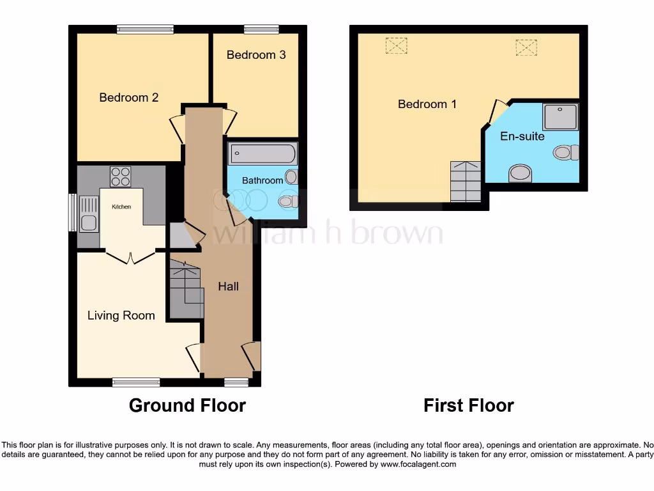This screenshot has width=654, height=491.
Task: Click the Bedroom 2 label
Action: [128, 98]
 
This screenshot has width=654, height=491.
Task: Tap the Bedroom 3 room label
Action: [256, 55]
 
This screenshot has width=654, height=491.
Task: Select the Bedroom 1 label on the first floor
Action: [427, 104]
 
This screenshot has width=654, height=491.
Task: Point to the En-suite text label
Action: [522, 136]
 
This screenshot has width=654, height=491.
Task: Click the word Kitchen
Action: [121, 207]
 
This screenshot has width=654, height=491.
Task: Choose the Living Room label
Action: [121, 315]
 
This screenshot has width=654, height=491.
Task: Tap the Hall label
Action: [228, 286]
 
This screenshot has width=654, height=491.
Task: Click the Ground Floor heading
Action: [187, 405]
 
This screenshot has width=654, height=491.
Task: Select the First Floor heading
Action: [468, 405]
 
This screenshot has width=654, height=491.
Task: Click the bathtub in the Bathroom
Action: [262, 154]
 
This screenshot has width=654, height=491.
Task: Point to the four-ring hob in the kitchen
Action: [120, 176]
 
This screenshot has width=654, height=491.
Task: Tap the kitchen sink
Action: [87, 223]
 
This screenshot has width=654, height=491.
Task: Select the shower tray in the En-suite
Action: [560, 117]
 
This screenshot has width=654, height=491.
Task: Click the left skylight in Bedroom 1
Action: [396, 45]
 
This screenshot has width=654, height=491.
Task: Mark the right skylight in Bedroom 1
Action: [526, 47]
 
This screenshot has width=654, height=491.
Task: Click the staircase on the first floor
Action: [466, 182]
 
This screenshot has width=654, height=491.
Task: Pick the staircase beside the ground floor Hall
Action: [186, 286]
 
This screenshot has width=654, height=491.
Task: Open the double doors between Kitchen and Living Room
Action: [130, 257]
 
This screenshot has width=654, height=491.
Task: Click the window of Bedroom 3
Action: [261, 29]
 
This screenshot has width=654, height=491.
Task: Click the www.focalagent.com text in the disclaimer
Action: [419, 464]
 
